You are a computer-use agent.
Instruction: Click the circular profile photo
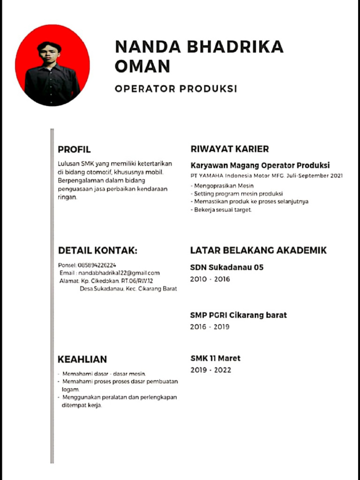pyautogui.click(x=52, y=65)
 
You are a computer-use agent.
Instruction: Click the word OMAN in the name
pyautogui.click(x=142, y=67)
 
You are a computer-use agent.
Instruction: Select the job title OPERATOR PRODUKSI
pyautogui.click(x=176, y=89)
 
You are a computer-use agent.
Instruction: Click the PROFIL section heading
pyautogui.click(x=74, y=150)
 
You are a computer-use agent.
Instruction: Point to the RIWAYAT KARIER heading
pyautogui.click(x=230, y=149)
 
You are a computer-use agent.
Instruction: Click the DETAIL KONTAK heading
pyautogui.click(x=97, y=251)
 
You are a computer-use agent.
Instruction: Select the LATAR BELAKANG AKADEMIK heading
pyautogui.click(x=258, y=250)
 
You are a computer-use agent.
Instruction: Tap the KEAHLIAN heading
pyautogui.click(x=82, y=360)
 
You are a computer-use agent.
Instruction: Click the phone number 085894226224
pyautogui.click(x=97, y=265)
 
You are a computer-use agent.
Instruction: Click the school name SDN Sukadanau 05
pyautogui.click(x=226, y=268)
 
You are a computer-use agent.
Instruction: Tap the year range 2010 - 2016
pyautogui.click(x=210, y=279)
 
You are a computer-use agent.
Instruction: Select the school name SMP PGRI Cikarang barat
pyautogui.click(x=238, y=315)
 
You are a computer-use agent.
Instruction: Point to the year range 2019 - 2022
pyautogui.click(x=210, y=370)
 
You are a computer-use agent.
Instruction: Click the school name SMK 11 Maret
pyautogui.click(x=215, y=358)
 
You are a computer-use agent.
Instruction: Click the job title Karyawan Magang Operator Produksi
pyautogui.click(x=260, y=165)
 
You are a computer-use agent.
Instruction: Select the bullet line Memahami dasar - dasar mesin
pyautogui.click(x=104, y=374)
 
